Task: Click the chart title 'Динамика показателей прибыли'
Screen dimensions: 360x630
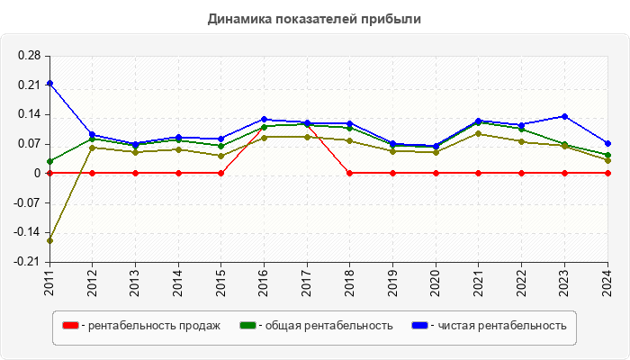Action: (x=314, y=19)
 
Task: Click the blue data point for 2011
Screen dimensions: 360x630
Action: (x=49, y=83)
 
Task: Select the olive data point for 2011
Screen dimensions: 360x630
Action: (x=49, y=240)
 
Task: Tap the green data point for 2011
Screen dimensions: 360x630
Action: (x=49, y=161)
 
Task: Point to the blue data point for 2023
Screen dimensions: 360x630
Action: (x=564, y=116)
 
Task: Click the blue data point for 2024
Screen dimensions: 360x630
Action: (x=607, y=143)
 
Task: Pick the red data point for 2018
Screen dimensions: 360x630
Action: (x=350, y=173)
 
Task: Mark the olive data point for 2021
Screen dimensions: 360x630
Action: (x=478, y=134)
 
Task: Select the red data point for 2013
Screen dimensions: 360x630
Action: (x=135, y=173)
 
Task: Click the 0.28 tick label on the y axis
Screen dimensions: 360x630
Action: (x=29, y=56)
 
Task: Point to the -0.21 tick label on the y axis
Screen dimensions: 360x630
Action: (x=27, y=262)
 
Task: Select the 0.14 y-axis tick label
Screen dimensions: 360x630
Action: (x=29, y=114)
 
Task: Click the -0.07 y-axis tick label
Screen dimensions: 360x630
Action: (x=27, y=203)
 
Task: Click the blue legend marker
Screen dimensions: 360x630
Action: (x=419, y=325)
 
